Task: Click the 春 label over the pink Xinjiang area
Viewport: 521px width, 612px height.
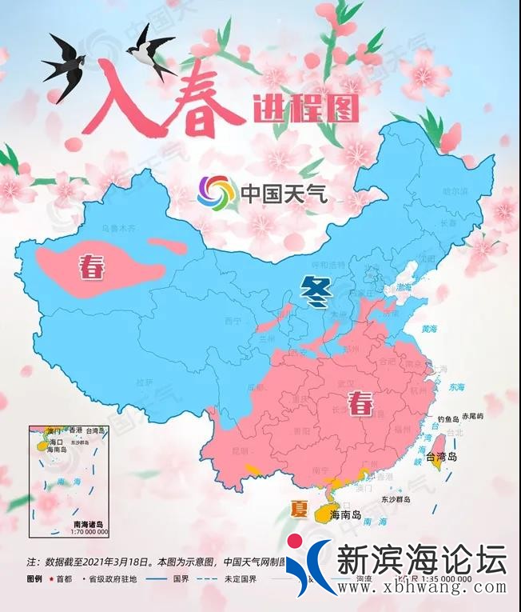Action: [91, 268]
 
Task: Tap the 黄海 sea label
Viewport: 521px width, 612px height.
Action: [430, 329]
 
